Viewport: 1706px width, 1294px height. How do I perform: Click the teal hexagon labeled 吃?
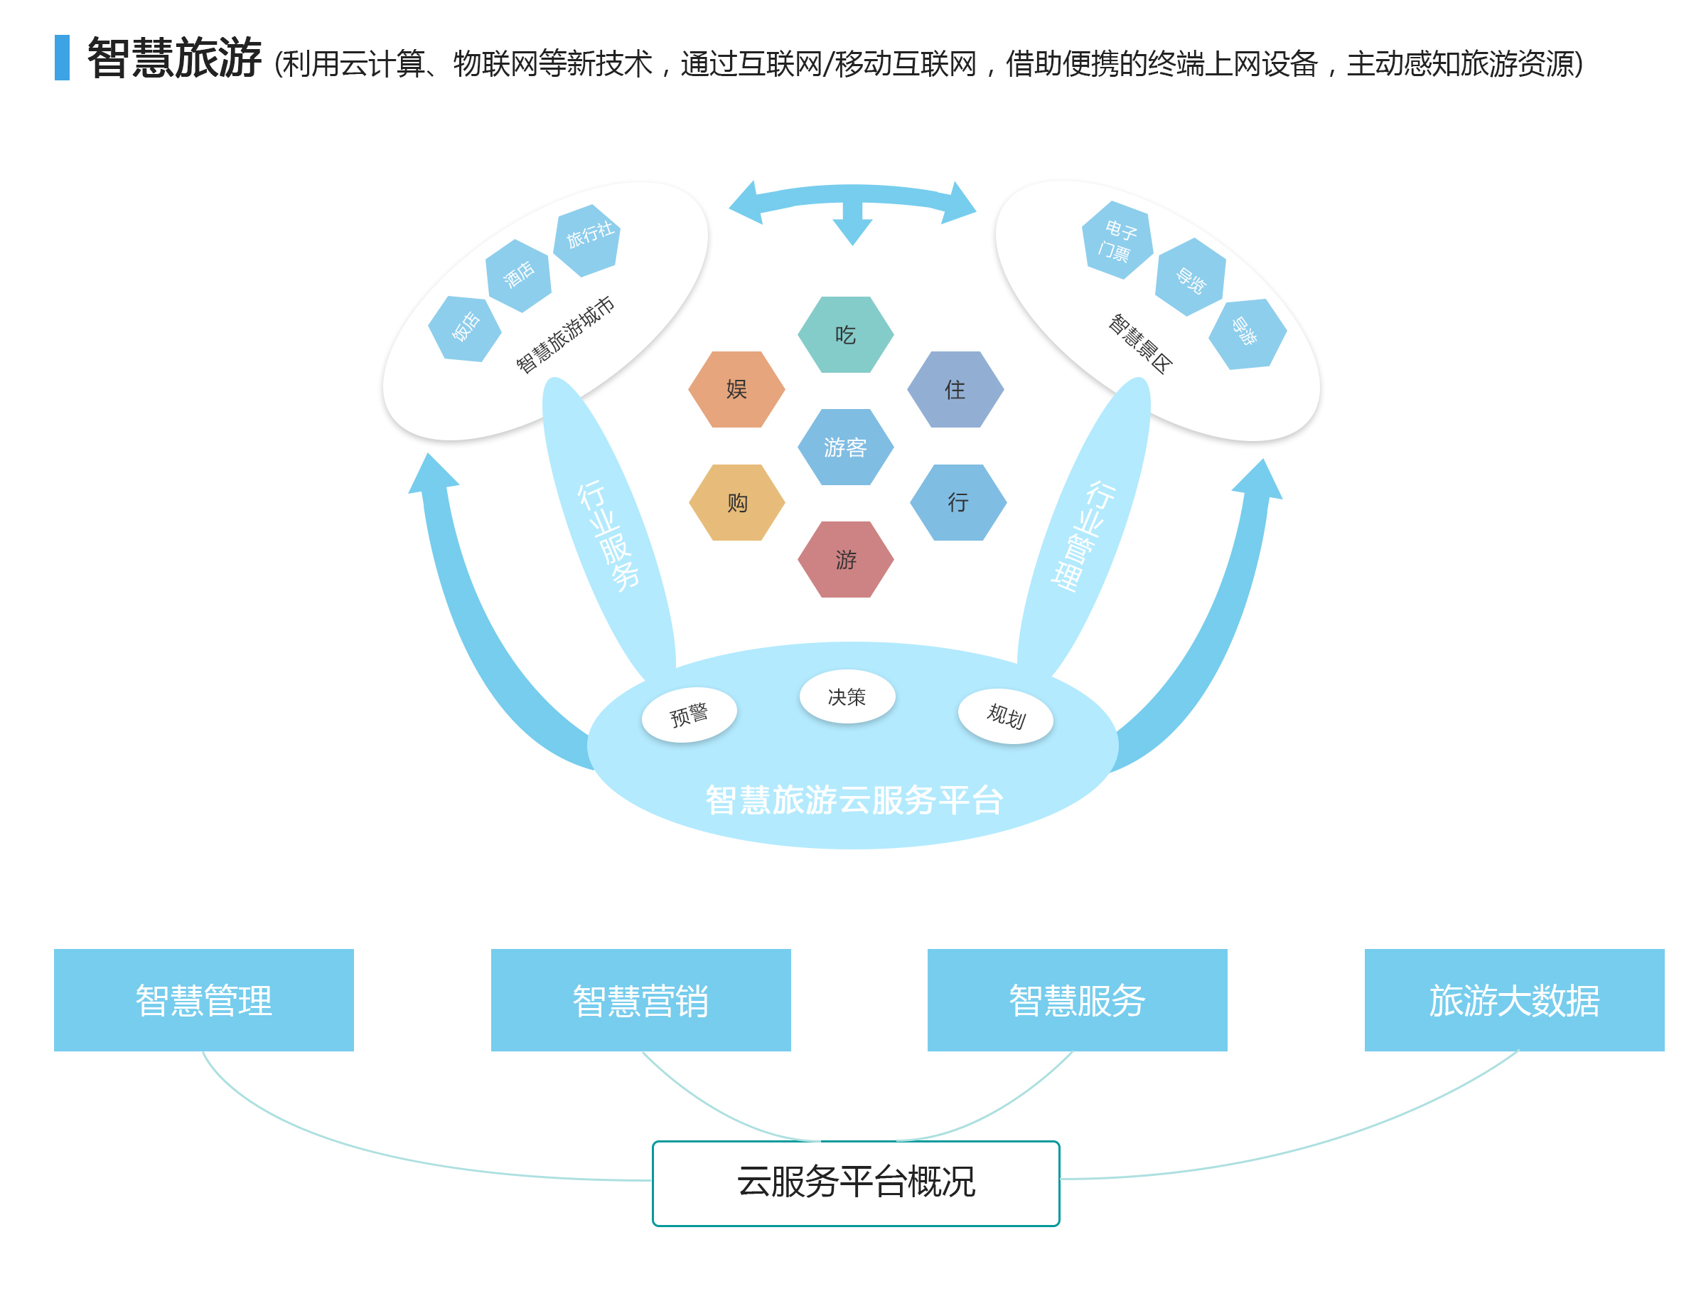pyautogui.click(x=845, y=335)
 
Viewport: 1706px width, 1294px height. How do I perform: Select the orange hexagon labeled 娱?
pyautogui.click(x=736, y=390)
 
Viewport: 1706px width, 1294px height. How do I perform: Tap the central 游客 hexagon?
pyautogui.click(x=845, y=447)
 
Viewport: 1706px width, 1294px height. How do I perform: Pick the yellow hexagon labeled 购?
pyautogui.click(x=736, y=503)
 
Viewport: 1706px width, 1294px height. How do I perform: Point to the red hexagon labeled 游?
pyautogui.click(x=845, y=559)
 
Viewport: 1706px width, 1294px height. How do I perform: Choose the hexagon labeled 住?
pyautogui.click(x=955, y=390)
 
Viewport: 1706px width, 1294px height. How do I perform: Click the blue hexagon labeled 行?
pyautogui.click(x=958, y=503)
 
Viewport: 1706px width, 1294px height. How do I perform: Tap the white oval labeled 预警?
pyautogui.click(x=689, y=714)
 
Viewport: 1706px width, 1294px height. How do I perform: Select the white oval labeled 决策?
pyautogui.click(x=847, y=696)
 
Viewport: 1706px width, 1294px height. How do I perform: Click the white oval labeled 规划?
pyautogui.click(x=1006, y=716)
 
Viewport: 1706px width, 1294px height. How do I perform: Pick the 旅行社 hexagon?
pyautogui.click(x=588, y=239)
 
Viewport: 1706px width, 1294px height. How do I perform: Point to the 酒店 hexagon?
pyautogui.click(x=518, y=275)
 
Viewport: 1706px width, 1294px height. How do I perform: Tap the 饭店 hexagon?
pyautogui.click(x=465, y=329)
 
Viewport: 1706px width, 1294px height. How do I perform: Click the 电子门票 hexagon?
pyautogui.click(x=1117, y=240)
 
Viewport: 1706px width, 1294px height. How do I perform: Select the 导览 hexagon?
pyautogui.click(x=1190, y=277)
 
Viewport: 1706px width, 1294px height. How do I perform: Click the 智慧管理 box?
pyautogui.click(x=203, y=1000)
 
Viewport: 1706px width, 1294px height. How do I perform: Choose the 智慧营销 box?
pyautogui.click(x=641, y=1000)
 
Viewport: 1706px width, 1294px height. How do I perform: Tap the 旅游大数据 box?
pyautogui.click(x=1514, y=1000)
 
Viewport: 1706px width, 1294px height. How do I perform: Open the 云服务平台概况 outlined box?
pyautogui.click(x=855, y=1183)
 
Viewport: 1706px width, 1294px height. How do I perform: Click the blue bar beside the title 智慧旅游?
pyautogui.click(x=63, y=58)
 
